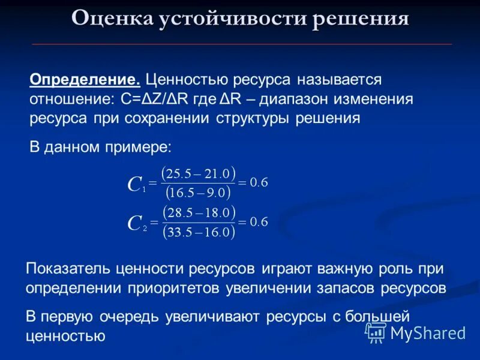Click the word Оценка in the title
[x=112, y=18]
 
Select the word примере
[x=141, y=147]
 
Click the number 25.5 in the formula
[x=178, y=173]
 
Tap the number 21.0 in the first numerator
[x=217, y=173]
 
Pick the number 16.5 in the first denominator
[x=180, y=193]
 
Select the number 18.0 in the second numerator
[x=217, y=212]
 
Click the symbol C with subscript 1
[x=136, y=184]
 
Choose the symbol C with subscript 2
[x=136, y=223]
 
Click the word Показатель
[x=68, y=268]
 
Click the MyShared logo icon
[x=376, y=332]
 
